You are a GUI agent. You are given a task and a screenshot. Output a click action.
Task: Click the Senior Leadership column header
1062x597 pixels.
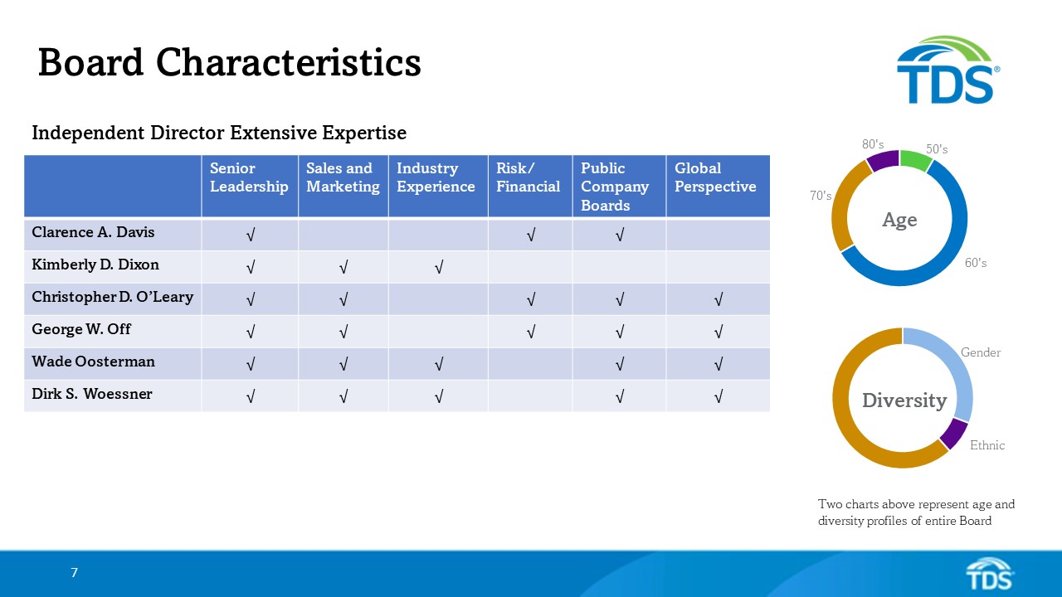249,177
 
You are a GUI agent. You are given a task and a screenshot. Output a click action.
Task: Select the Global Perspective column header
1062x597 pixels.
715,177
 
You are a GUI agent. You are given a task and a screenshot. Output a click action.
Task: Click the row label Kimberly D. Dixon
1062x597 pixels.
95,265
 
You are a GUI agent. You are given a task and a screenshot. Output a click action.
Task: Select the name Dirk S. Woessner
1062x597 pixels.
92,394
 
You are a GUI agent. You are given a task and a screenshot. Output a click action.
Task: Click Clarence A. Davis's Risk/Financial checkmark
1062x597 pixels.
529,235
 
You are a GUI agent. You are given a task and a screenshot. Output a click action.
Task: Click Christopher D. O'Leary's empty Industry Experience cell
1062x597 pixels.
437,299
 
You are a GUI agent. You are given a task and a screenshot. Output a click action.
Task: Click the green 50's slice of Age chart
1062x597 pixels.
916,160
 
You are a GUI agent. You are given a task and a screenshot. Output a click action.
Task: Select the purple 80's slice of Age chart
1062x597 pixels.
883,160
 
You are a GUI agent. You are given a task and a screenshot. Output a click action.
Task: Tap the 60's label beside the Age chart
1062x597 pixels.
976,263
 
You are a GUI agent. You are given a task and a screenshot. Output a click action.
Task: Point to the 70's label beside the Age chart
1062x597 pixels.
821,196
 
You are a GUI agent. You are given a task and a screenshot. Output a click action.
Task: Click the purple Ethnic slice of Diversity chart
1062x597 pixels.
955,434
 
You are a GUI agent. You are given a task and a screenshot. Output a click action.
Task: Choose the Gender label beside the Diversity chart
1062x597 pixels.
981,352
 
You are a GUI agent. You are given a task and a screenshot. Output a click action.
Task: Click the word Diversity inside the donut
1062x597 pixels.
904,400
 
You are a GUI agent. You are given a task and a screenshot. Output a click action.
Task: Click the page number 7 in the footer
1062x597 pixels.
74,572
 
